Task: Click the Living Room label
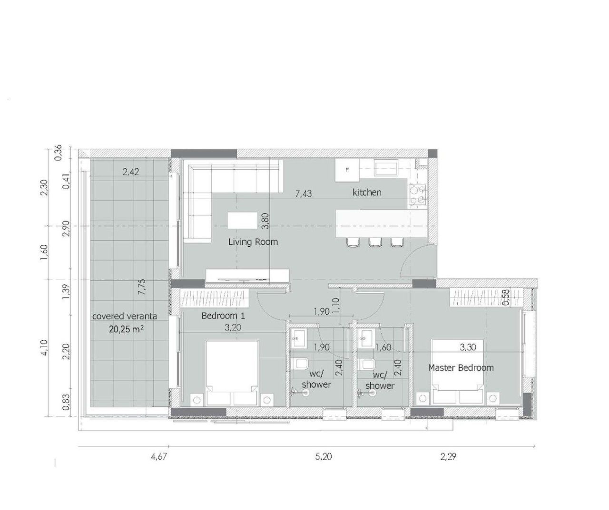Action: (253, 242)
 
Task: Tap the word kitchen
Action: (367, 192)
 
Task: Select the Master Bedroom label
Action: (461, 367)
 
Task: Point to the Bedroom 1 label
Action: (223, 316)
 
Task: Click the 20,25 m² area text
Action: (124, 327)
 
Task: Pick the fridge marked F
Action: (347, 170)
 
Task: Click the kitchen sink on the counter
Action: (386, 168)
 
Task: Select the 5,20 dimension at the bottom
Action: (324, 457)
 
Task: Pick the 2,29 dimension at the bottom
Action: (448, 457)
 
